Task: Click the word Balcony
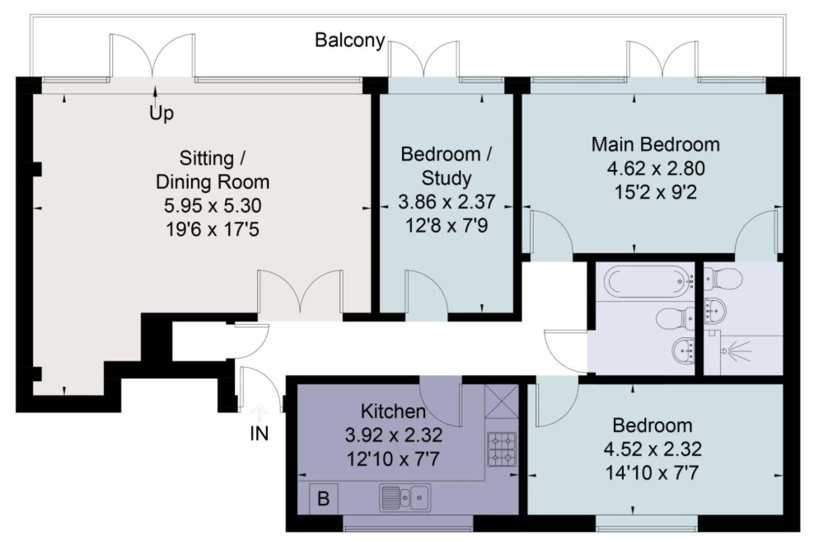point(350,40)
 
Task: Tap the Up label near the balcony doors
point(161,113)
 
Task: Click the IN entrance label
point(259,434)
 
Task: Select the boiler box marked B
point(324,498)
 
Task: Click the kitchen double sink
point(405,497)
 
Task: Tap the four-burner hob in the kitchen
point(502,449)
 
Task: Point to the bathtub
point(649,281)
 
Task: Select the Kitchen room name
point(393,411)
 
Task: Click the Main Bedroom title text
point(656,144)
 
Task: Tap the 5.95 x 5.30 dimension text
point(213,206)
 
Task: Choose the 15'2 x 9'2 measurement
point(656,192)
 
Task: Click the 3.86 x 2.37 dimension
point(447,202)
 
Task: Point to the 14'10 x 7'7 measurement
point(652,473)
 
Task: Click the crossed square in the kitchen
point(502,401)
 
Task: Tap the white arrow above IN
point(259,414)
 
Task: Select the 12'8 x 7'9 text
point(447,225)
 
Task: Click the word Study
point(447,178)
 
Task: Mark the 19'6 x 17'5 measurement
point(213,229)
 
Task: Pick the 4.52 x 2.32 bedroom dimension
point(653,449)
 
